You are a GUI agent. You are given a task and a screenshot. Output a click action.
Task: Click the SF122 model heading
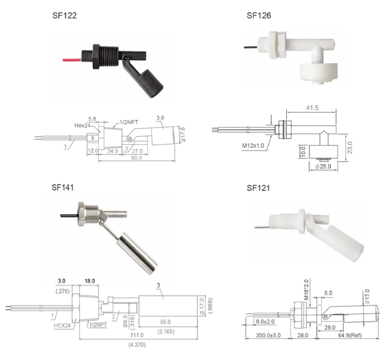tap(64, 16)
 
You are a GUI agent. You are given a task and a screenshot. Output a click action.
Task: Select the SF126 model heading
tap(258, 16)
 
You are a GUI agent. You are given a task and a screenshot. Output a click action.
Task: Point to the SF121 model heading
tap(258, 188)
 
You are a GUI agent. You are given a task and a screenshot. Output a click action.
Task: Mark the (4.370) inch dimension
tap(136, 344)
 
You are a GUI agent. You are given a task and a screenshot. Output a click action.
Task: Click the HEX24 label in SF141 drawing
tap(64, 325)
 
